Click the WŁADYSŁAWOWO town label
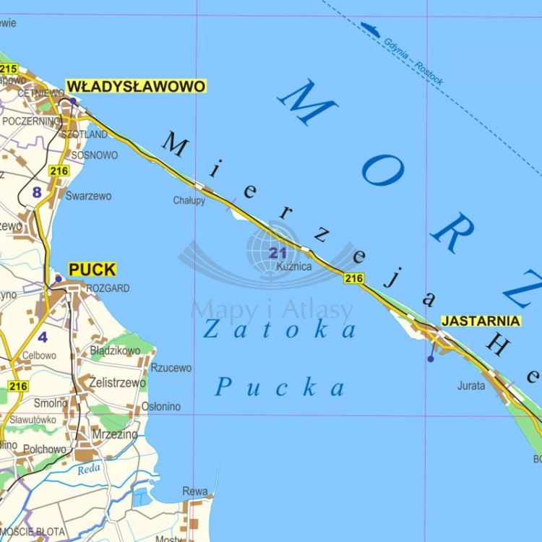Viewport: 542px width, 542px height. click(x=136, y=87)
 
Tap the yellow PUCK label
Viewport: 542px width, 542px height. click(x=92, y=270)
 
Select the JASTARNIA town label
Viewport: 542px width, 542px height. click(x=481, y=321)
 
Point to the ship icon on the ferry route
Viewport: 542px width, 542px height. click(x=370, y=30)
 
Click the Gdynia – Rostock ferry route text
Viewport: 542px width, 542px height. click(x=413, y=62)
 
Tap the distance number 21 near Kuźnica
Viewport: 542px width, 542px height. click(x=278, y=253)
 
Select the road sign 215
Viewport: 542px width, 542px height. click(x=9, y=69)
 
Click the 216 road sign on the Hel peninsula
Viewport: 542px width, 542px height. click(x=354, y=278)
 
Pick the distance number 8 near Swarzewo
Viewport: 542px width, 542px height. click(x=37, y=192)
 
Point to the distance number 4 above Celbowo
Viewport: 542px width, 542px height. click(x=43, y=337)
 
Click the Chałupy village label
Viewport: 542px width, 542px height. click(x=189, y=200)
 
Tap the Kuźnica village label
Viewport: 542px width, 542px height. click(x=294, y=267)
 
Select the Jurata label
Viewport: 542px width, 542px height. click(x=471, y=386)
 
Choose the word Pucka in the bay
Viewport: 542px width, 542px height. click(x=279, y=387)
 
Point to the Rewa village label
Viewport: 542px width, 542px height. click(x=195, y=491)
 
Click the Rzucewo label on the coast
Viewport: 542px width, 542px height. click(x=171, y=368)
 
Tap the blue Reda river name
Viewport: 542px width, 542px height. click(x=90, y=470)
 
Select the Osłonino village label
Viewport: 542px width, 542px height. click(x=160, y=406)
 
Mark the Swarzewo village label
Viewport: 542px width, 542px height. click(x=88, y=196)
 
